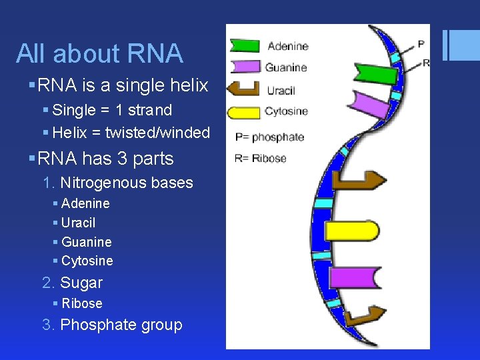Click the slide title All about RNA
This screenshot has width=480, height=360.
pos(99,54)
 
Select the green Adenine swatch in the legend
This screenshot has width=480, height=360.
pos(245,45)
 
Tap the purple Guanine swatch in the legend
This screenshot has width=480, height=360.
pos(245,67)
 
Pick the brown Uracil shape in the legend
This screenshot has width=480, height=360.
pos(243,89)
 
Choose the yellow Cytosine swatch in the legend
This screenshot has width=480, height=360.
pos(244,111)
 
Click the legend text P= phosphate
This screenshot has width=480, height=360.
pos(269,137)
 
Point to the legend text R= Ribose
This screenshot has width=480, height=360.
pos(261,159)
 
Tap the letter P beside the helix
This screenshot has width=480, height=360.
pos(421,45)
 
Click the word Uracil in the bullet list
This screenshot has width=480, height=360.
pos(78,223)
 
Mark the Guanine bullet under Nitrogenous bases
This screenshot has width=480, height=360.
pos(86,242)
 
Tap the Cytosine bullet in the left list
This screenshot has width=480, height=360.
pos(87,261)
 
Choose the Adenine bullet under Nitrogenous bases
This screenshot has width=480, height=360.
pos(85,203)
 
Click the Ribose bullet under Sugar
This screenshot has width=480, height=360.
pos(82,303)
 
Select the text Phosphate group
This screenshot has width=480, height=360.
pos(121,325)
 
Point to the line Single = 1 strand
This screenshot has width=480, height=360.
pos(112,111)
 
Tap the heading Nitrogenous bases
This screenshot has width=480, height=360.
pos(126,183)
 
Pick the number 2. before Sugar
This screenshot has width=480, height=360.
pos(49,283)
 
